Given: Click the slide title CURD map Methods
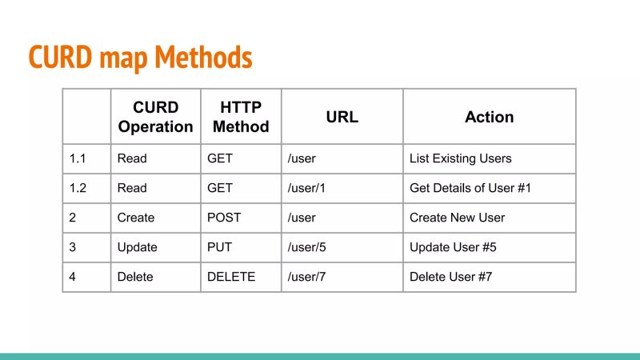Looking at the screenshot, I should (x=141, y=57).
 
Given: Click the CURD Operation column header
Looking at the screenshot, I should (x=155, y=117).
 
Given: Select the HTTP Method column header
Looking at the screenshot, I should (x=241, y=117).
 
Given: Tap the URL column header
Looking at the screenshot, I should (x=342, y=117).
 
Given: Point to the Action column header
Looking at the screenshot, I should (x=489, y=117).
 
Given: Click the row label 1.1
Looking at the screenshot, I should (x=78, y=158).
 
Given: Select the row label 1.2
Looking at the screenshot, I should (x=78, y=188).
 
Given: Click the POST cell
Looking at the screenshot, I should (x=224, y=218).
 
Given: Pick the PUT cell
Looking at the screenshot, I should (x=220, y=247).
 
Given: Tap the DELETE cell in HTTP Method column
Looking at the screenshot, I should (x=231, y=277).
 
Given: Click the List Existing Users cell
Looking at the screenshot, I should (x=460, y=158).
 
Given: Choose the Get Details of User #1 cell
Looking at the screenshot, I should (x=470, y=188).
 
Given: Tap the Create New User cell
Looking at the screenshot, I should (x=457, y=218).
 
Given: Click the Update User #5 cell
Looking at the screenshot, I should (x=453, y=247).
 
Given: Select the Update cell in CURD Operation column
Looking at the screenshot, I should (x=137, y=247).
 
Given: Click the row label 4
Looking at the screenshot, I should (x=73, y=277).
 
